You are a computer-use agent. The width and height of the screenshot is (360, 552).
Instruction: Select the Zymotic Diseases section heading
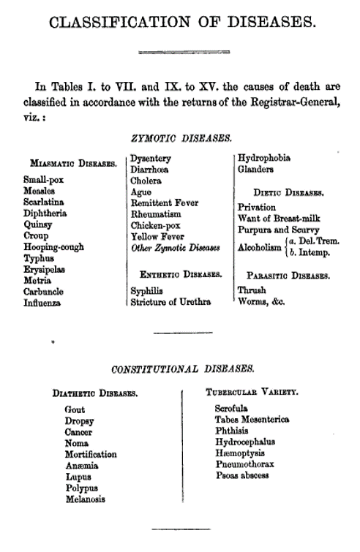(x=181, y=137)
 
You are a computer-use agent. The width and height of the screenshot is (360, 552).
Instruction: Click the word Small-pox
(x=43, y=178)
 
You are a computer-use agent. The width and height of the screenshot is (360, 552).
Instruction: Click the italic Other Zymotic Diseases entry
(x=176, y=248)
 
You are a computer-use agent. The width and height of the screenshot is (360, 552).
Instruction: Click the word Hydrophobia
(x=264, y=157)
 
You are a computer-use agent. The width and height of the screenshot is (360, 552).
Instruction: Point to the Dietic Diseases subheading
(x=284, y=193)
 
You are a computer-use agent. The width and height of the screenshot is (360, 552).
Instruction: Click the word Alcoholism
(x=260, y=246)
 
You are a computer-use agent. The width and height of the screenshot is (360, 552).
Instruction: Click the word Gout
(x=75, y=410)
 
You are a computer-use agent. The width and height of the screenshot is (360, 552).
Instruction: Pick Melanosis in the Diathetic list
(x=85, y=499)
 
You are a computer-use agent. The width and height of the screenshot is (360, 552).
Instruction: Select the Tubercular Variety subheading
(x=252, y=393)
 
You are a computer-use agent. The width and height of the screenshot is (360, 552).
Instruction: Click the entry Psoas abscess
(x=242, y=475)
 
